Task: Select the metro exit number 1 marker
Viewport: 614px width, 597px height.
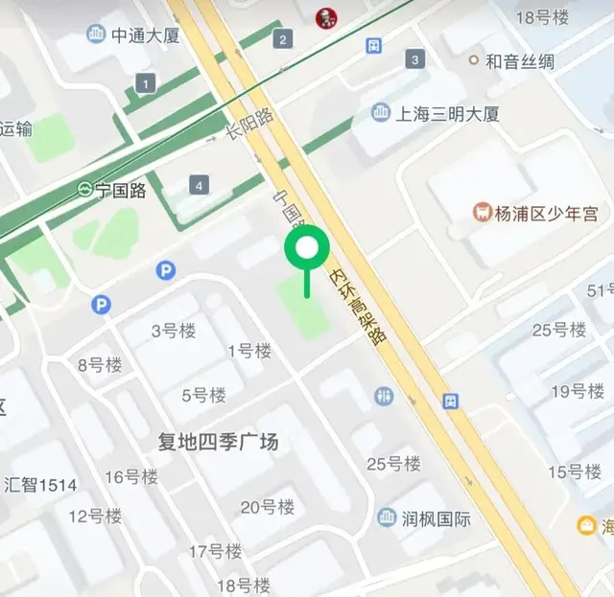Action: tap(145, 84)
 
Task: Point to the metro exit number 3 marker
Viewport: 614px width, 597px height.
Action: tap(414, 59)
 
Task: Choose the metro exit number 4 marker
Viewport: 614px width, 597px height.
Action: tap(199, 185)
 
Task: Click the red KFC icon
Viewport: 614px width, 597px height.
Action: tap(326, 15)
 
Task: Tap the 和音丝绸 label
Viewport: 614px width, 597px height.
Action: tap(519, 61)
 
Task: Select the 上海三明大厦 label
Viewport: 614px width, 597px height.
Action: tap(448, 114)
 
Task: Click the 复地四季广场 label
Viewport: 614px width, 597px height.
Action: tap(218, 442)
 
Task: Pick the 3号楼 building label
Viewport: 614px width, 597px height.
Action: tap(174, 332)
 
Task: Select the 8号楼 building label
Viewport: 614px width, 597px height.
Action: tap(101, 364)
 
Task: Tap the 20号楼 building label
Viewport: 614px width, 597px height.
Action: tap(268, 507)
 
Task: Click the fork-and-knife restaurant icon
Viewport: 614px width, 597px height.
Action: tap(385, 396)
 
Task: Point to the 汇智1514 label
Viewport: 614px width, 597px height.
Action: tap(40, 485)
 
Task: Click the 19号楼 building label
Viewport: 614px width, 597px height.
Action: tap(577, 391)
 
